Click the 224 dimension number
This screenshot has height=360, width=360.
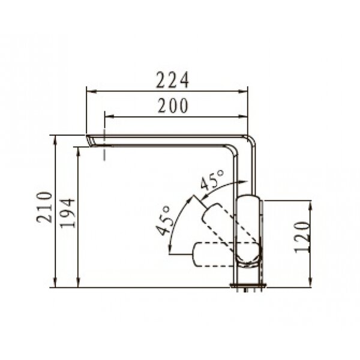pyautogui.click(x=172, y=80)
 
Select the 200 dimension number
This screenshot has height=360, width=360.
pyautogui.click(x=173, y=106)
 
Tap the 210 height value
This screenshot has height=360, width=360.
pyautogui.click(x=44, y=208)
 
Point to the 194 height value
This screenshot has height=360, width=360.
pyautogui.click(x=67, y=213)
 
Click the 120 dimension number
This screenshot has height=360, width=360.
pyautogui.click(x=302, y=237)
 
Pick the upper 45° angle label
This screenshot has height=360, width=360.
pyautogui.click(x=212, y=180)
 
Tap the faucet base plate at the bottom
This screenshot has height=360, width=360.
pyautogui.click(x=249, y=286)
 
